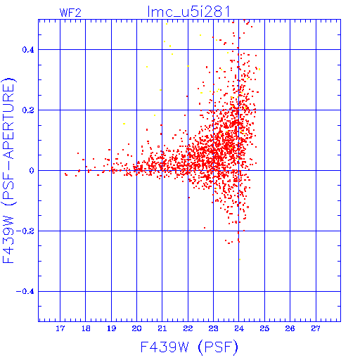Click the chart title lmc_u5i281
pos(188,12)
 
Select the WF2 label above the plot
pos(70,13)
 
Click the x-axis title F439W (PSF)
pos(189,347)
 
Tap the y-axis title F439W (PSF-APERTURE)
pos(8,170)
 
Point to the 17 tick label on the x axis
pos(60,328)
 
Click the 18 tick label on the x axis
pos(86,328)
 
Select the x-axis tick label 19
pos(111,328)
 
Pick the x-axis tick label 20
pos(136,328)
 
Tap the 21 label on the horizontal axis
pos(162,328)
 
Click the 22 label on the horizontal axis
pos(188,328)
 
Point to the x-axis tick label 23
pos(213,328)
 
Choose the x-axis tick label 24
pos(239,328)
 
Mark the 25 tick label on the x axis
pos(264,328)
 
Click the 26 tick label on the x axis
pos(290,328)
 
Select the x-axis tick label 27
pos(316,328)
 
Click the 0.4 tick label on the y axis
pos(28,50)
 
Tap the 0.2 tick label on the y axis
pos(28,110)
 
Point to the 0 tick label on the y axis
pos(32,171)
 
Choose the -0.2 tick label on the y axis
pos(25,231)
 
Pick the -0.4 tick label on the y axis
pos(25,292)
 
